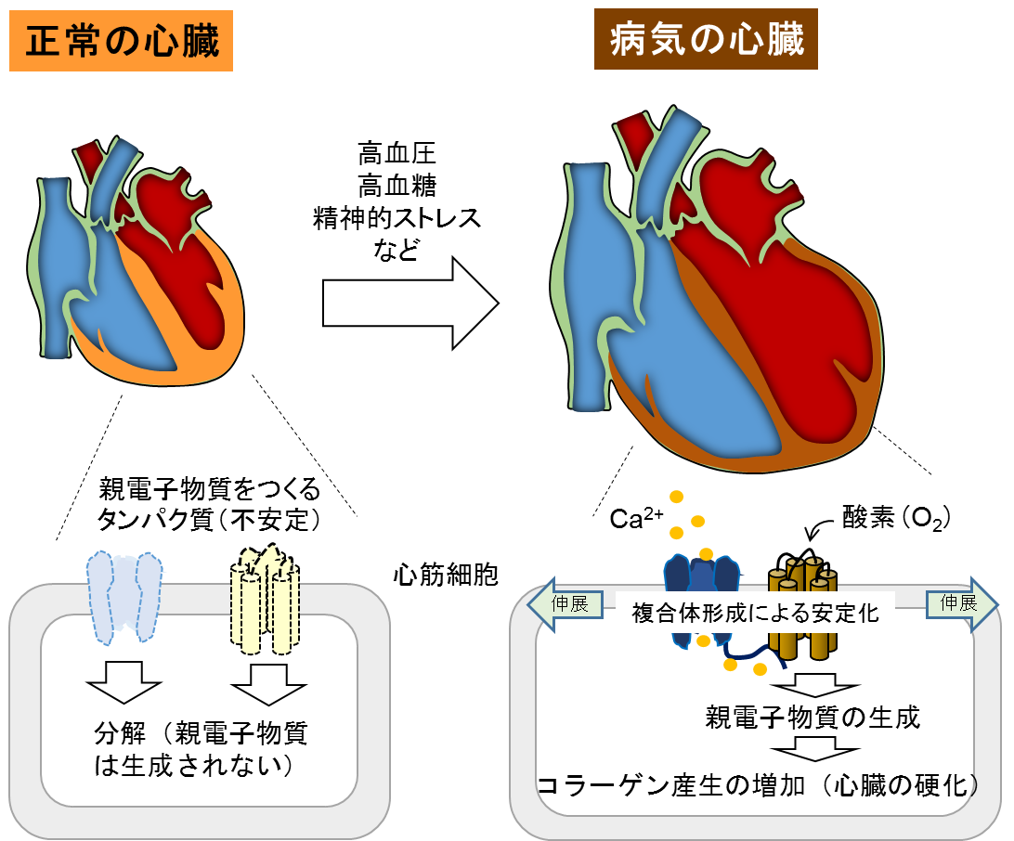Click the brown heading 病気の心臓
[x=706, y=39]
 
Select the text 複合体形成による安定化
[x=754, y=613]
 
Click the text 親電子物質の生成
[x=812, y=717]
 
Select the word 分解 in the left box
[x=121, y=733]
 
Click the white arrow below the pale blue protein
[x=123, y=682]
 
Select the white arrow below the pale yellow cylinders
[x=268, y=683]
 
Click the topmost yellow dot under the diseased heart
[x=676, y=498]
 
